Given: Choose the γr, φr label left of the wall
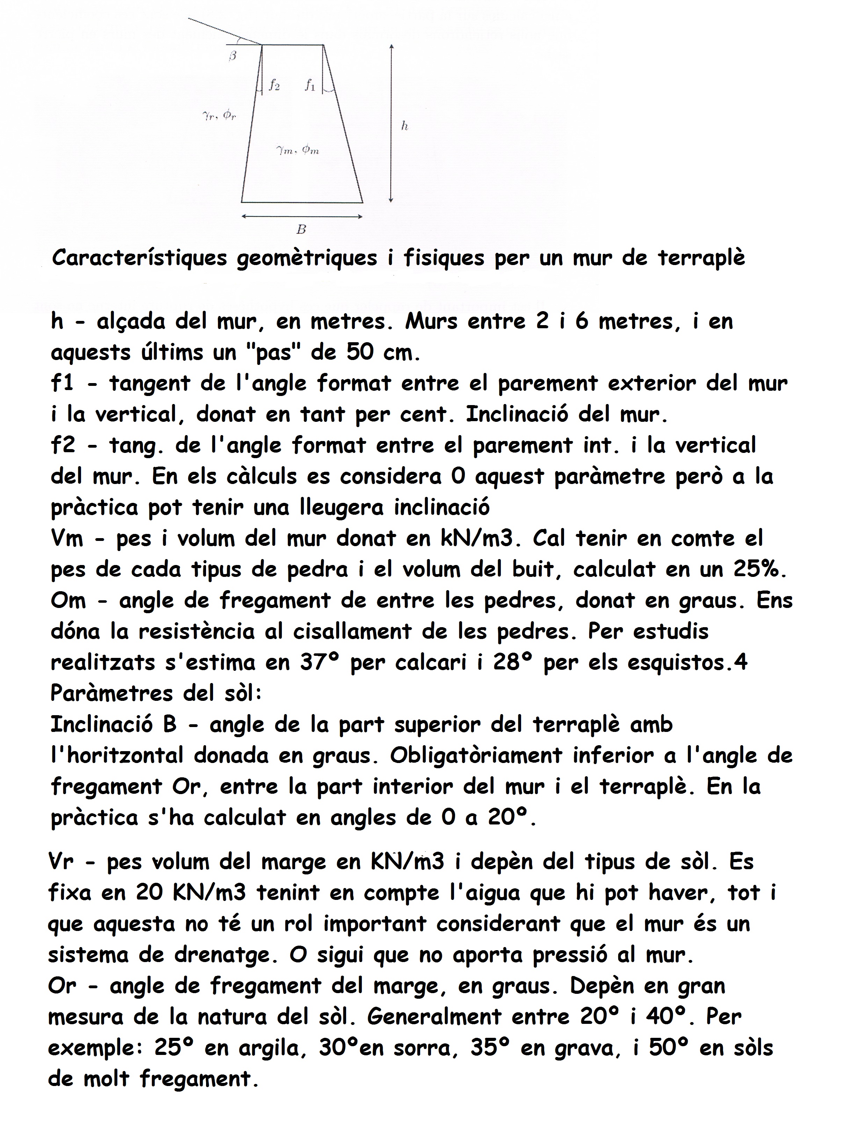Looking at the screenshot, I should (219, 116).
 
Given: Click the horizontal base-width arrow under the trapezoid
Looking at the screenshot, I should (302, 216).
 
